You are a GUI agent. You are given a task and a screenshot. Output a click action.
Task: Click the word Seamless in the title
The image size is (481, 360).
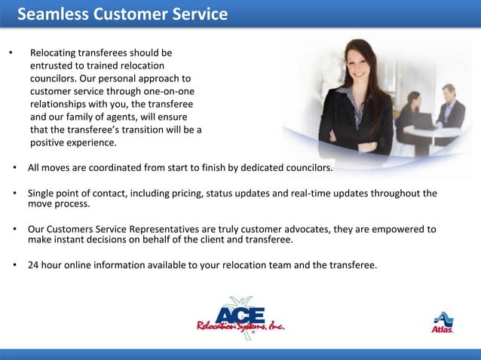coord(51,14)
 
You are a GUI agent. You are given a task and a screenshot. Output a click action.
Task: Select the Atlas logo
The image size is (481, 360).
coord(443,322)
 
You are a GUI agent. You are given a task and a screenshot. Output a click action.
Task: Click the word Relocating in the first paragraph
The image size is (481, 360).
coord(54,53)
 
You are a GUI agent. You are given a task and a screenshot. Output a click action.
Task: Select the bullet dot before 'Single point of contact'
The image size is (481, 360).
coord(14,194)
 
